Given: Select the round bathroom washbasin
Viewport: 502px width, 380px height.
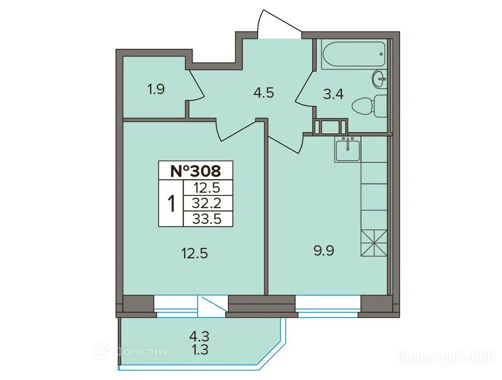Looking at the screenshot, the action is (x=379, y=79).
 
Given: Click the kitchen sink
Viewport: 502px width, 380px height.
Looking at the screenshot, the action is (x=348, y=149).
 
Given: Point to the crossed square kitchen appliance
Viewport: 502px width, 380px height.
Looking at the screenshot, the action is (x=374, y=243).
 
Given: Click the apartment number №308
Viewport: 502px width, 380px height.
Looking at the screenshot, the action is (x=196, y=171).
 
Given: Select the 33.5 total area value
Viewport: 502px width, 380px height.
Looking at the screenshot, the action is (x=207, y=219).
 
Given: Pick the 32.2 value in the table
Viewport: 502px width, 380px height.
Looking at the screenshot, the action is (x=207, y=203).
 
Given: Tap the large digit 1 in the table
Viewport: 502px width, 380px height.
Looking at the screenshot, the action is (x=171, y=203).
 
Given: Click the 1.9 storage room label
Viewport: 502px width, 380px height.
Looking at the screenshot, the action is (x=156, y=89).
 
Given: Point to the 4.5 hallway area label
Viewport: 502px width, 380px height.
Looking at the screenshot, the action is (x=264, y=93).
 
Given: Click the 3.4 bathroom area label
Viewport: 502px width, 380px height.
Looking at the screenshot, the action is (x=334, y=95).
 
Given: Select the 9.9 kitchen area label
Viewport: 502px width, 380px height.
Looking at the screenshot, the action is (x=324, y=251).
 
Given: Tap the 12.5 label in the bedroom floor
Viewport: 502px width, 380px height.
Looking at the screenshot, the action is (x=195, y=254).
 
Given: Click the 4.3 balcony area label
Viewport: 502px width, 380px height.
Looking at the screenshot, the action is (x=199, y=336).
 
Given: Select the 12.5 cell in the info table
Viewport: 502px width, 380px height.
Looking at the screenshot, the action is (x=207, y=188).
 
